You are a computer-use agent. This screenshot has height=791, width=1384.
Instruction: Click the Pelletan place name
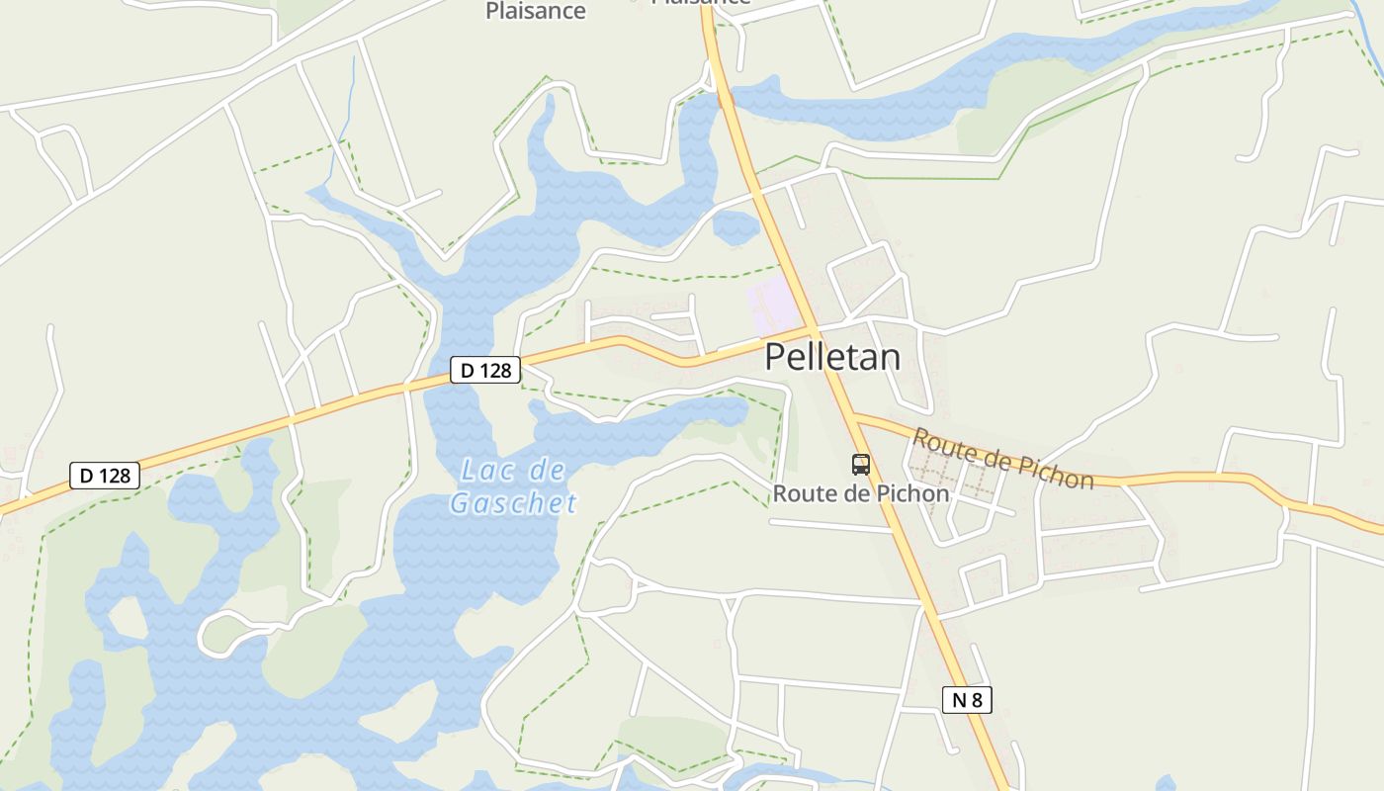click(x=832, y=357)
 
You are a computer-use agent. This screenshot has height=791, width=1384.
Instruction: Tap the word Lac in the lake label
click(x=486, y=471)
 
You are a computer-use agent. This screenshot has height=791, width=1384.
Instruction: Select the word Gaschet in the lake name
click(x=513, y=503)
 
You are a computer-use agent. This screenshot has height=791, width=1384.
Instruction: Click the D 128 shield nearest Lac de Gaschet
click(x=485, y=370)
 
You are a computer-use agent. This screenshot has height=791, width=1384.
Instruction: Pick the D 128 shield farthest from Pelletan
click(x=105, y=476)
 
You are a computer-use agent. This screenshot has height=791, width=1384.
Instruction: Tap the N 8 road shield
click(x=967, y=700)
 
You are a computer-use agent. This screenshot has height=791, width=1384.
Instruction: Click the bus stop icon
click(x=861, y=464)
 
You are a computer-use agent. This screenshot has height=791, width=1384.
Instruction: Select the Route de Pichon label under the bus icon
click(x=861, y=493)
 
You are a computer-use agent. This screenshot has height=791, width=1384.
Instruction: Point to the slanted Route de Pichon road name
click(x=1002, y=458)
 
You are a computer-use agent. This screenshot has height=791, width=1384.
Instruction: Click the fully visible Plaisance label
click(x=536, y=12)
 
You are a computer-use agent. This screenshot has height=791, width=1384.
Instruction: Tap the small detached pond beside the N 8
click(x=735, y=228)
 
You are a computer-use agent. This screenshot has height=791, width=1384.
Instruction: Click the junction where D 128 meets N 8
click(x=814, y=329)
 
